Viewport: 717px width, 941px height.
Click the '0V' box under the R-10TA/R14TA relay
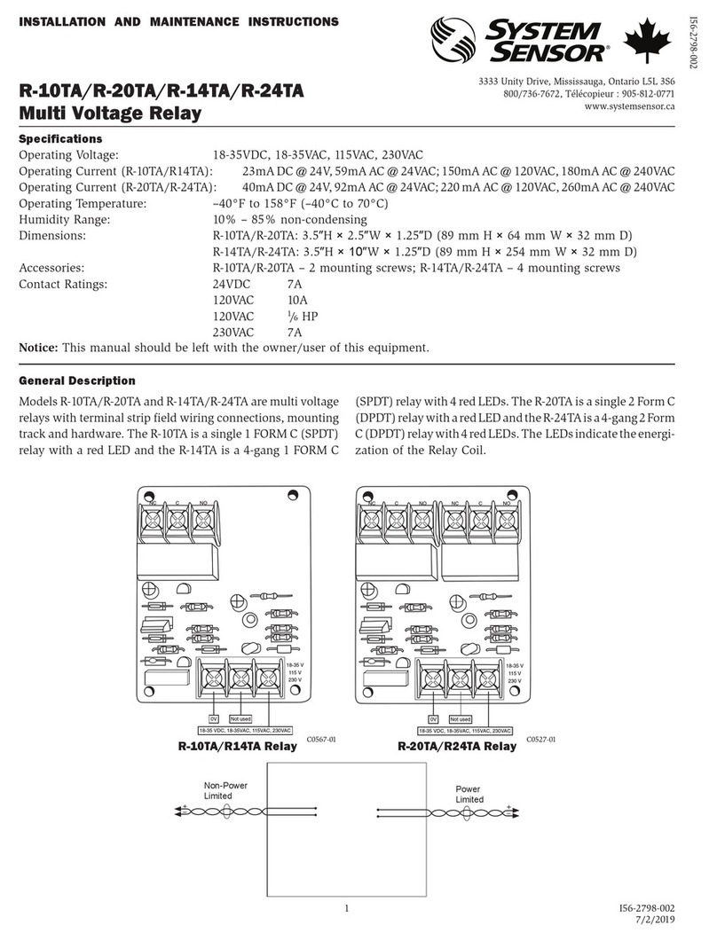[x=214, y=718]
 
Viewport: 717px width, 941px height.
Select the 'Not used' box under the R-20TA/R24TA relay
[x=460, y=718]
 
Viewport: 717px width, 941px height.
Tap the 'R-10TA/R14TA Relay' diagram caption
[x=237, y=747]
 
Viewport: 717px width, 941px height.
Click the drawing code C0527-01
[x=540, y=738]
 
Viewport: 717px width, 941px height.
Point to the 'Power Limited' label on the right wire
[x=469, y=794]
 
